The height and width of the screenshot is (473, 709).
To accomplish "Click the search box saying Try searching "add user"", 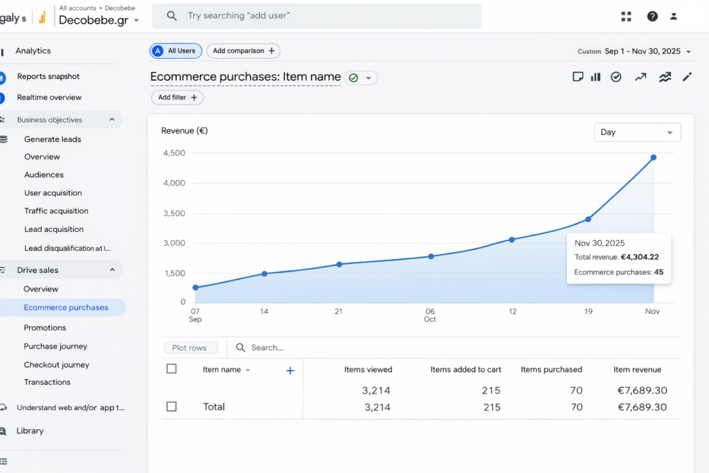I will [316, 16].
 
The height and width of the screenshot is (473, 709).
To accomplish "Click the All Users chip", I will [175, 51].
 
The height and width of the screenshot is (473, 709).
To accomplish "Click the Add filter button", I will [177, 98].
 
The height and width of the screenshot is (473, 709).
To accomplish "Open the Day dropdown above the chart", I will [637, 132].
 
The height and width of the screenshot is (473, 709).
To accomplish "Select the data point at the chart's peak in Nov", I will [653, 158].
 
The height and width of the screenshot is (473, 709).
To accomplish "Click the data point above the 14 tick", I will [264, 274].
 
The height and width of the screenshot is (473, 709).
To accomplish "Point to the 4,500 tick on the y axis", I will [173, 153].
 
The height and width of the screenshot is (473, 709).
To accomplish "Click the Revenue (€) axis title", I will [184, 130].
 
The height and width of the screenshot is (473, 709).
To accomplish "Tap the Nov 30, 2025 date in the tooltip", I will [600, 243].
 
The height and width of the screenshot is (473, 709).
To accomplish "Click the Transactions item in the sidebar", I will [47, 382].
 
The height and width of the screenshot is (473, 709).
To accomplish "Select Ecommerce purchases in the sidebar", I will [66, 307].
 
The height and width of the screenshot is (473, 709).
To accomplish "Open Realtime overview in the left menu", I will [49, 98].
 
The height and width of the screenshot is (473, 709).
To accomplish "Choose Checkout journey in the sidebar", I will [56, 364].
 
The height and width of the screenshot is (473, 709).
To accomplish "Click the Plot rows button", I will [190, 348].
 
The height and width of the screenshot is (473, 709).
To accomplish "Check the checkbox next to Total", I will [172, 407].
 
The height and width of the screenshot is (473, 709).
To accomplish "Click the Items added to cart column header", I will [465, 370].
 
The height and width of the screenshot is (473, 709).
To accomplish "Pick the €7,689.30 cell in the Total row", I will [641, 407].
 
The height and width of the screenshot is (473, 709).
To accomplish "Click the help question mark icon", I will [652, 17].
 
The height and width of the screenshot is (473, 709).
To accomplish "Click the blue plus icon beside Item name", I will [290, 371].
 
